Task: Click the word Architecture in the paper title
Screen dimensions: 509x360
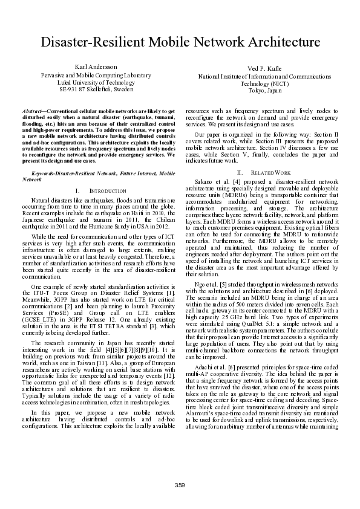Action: pos(279,42)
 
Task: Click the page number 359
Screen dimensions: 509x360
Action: pos(180,485)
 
